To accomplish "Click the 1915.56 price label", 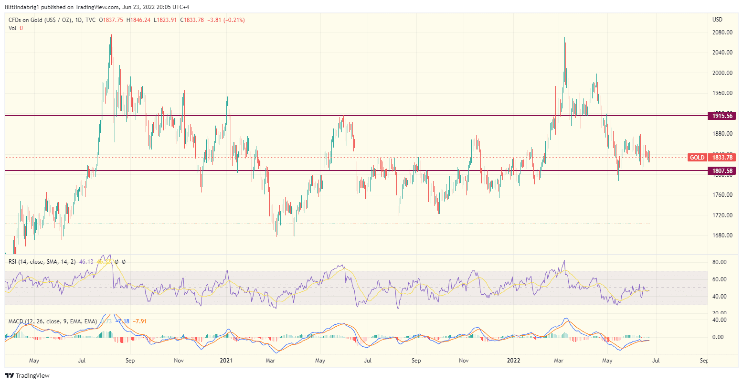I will [722, 116].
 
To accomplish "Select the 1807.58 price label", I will [722, 171].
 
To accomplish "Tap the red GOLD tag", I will [697, 157].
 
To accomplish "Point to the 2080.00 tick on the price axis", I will [722, 32].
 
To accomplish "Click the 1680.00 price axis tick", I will [722, 235].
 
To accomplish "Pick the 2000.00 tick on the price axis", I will [722, 73].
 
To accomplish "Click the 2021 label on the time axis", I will [226, 361].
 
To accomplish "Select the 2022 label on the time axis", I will [514, 361].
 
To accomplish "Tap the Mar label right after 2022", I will [559, 361].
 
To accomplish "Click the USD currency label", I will [717, 20].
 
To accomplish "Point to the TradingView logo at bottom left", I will [27, 375].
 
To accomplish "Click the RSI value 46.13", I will [86, 262].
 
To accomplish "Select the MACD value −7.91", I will [139, 321].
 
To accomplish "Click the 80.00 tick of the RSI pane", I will [720, 262].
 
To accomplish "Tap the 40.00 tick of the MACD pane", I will [720, 320].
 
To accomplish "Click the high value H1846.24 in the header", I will [138, 20].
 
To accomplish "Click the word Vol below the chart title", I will [12, 28].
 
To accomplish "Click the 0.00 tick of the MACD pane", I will [720, 337].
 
